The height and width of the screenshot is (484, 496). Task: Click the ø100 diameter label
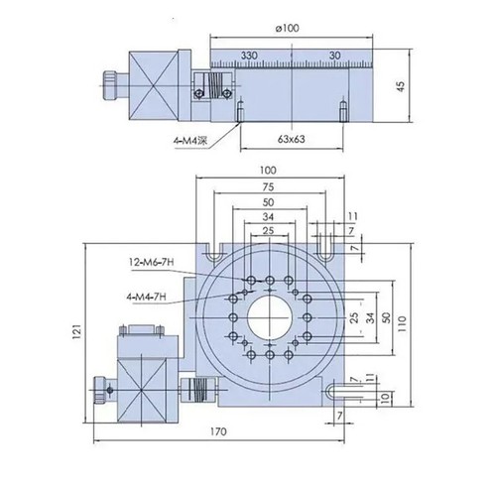[x=290, y=27]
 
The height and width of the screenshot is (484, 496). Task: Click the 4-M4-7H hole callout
[x=148, y=296]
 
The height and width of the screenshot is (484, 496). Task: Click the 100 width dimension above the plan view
[x=270, y=170]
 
